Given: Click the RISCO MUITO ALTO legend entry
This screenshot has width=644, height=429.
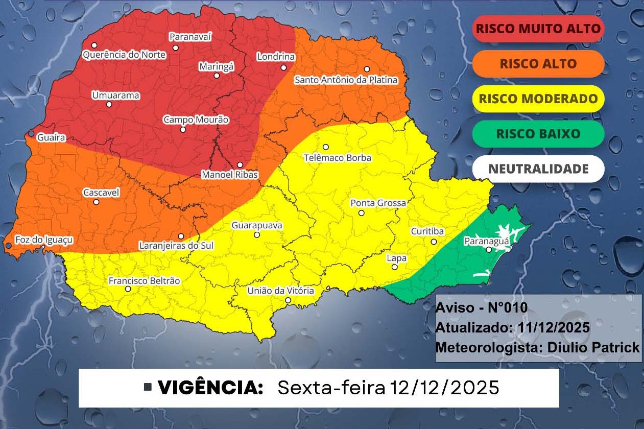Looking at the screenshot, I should pos(538,29).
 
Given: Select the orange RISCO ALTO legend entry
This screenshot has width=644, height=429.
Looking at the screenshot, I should pos(538,64).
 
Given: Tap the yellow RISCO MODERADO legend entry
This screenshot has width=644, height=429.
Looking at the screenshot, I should pos(538,99).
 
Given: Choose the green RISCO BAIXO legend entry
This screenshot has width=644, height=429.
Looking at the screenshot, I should pos(538,134).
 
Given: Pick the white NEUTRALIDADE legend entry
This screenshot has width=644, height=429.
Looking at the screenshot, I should pos(538,169).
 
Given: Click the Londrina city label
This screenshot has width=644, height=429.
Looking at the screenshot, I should pos(276,57).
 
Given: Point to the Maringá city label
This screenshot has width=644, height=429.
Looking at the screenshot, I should pos(216,66).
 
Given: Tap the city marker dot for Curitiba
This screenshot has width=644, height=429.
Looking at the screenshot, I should pos(434,242).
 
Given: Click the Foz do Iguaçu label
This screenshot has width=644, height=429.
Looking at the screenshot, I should pos(44,240).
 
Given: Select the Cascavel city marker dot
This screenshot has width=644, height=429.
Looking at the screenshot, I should pos(96,202).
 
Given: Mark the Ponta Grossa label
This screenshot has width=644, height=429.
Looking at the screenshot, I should pos(378,203).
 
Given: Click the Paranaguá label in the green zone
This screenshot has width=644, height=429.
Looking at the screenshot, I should pos(483,241).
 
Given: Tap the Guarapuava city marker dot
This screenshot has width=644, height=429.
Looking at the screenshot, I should pos(257,235).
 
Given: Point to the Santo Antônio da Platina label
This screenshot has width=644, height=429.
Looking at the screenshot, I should pos(346,80).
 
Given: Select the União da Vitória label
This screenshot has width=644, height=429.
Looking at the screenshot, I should pos(280,291).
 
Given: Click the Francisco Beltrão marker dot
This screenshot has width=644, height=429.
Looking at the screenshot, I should pos(128,289).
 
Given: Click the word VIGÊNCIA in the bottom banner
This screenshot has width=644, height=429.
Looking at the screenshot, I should pos(210,388).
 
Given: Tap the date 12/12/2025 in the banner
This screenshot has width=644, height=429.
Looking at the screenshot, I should pos(444,388).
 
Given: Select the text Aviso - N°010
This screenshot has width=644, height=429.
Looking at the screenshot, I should pos(481,308).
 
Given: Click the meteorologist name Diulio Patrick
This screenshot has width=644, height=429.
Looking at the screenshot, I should pos(593,347).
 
